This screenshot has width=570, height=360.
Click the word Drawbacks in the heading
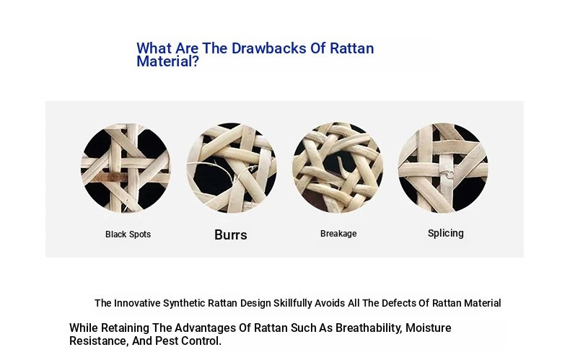click(268, 48)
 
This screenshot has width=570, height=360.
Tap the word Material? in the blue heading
click(167, 61)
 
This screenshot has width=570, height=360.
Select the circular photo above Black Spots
click(126, 168)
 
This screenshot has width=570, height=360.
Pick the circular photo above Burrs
click(232, 168)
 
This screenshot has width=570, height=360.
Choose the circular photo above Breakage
click(338, 167)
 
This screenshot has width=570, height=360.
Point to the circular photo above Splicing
click(443, 168)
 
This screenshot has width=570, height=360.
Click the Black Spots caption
click(128, 234)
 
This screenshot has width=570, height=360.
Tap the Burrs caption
click(230, 235)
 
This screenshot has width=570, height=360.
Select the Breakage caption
click(338, 234)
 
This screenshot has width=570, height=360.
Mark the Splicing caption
click(446, 233)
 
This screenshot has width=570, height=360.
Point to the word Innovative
click(137, 303)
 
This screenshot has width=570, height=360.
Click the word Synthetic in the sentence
click(184, 303)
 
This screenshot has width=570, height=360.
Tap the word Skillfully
click(293, 303)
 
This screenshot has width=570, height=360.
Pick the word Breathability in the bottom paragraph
click(369, 328)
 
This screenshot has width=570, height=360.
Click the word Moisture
click(429, 328)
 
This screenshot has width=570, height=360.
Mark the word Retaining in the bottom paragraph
click(125, 328)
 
